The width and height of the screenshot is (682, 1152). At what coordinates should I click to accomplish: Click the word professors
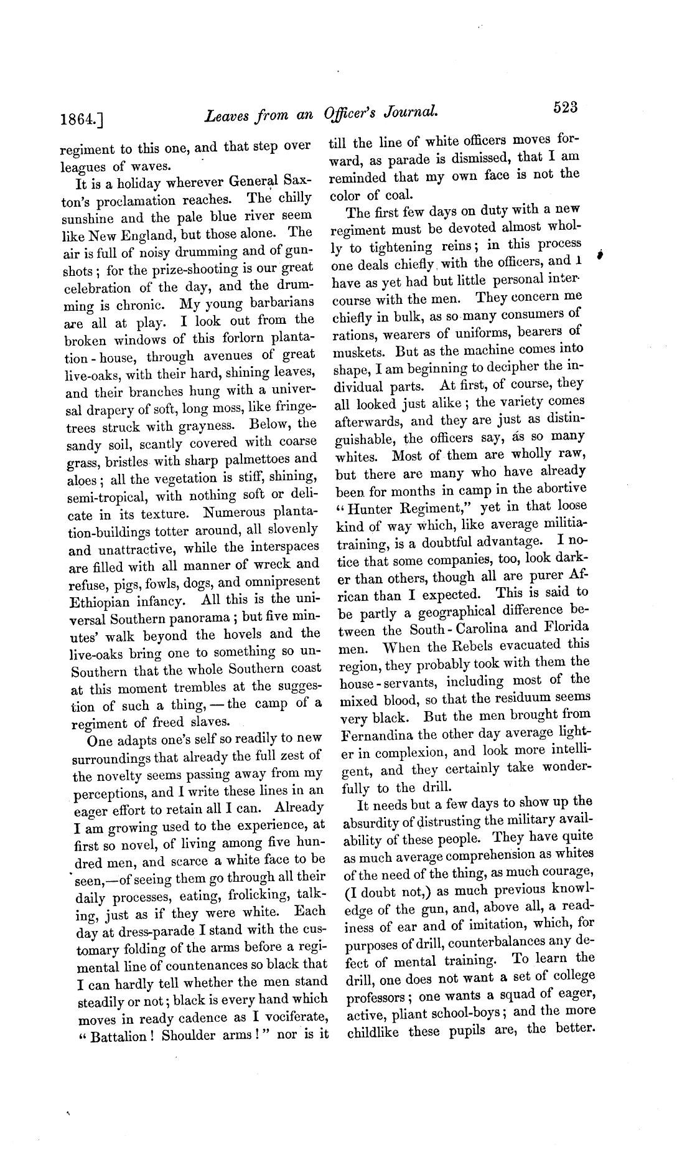coord(375,994)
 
